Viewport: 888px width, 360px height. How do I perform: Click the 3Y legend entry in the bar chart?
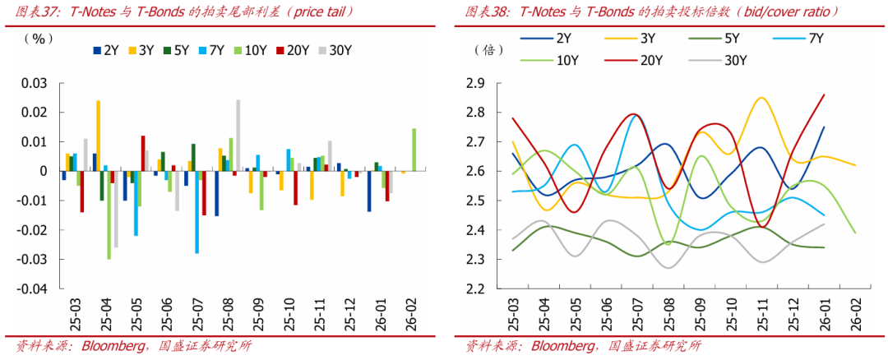(141, 50)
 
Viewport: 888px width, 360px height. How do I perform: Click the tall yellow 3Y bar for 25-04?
(98, 136)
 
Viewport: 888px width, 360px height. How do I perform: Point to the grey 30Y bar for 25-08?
(238, 136)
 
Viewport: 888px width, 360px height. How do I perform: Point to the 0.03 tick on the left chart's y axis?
(35, 83)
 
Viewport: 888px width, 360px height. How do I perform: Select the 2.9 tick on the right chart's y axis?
(476, 83)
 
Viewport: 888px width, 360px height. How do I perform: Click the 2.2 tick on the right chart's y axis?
(476, 289)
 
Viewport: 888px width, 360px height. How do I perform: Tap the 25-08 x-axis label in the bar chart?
(225, 316)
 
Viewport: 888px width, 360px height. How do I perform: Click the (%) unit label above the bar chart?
(37, 39)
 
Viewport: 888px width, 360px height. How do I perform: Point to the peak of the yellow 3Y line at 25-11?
(761, 98)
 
